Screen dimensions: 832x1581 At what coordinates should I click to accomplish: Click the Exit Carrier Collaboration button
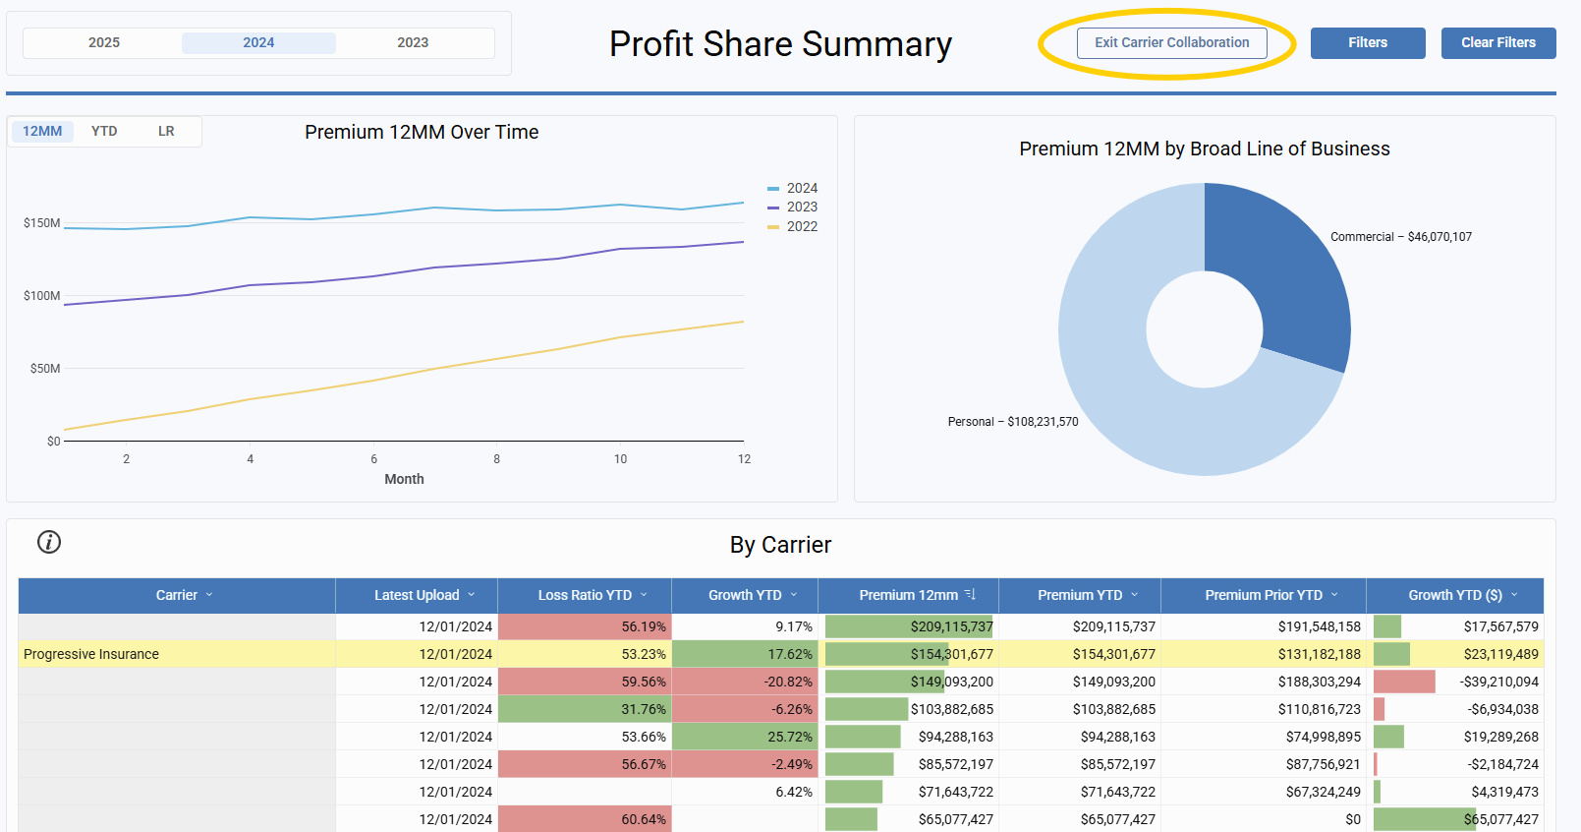[1171, 43]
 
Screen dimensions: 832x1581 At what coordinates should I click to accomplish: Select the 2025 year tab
[104, 43]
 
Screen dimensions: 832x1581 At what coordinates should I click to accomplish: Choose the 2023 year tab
[413, 43]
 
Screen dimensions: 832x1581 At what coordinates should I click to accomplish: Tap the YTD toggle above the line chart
[104, 131]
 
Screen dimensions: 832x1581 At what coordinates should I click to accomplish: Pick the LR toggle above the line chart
[166, 131]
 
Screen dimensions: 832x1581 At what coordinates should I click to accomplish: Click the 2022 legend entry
[801, 226]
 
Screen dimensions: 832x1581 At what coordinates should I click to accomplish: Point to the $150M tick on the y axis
[42, 223]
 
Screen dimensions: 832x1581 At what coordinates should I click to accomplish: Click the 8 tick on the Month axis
[497, 459]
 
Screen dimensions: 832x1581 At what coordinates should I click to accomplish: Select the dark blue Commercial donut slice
[1287, 275]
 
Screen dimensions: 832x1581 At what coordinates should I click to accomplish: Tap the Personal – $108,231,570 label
[1013, 422]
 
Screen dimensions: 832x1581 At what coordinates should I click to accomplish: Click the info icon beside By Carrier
[49, 542]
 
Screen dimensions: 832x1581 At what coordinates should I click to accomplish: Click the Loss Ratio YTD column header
[585, 595]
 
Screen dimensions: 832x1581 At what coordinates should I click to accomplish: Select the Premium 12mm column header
[908, 595]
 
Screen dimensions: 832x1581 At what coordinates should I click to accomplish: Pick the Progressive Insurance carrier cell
[91, 654]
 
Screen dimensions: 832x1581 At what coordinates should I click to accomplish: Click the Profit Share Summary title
[780, 44]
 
